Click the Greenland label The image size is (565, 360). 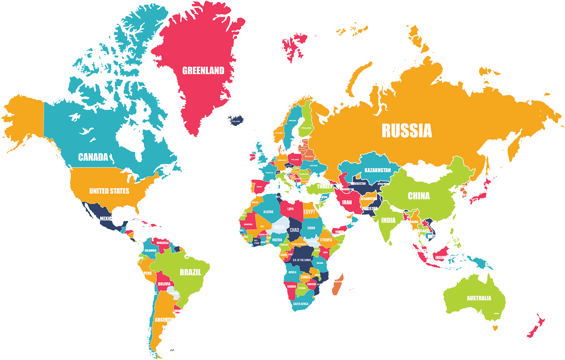[x=203, y=71]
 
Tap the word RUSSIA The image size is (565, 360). [x=407, y=131]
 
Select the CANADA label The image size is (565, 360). [x=93, y=157]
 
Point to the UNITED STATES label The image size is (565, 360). [x=109, y=191]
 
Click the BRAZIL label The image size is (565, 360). [x=190, y=272]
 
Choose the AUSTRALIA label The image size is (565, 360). [x=479, y=298]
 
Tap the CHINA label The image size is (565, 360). [x=419, y=196]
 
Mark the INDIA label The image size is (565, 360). [x=388, y=220]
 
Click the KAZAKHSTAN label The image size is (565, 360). [x=378, y=170]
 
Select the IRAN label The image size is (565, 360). [x=347, y=202]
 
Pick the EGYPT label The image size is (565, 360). [x=309, y=212]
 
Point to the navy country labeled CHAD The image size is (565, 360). [x=294, y=230]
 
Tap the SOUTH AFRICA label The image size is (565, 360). [x=301, y=304]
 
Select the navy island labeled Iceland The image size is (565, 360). [x=236, y=121]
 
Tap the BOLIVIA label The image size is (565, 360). [x=164, y=284]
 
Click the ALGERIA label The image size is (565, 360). [x=268, y=212]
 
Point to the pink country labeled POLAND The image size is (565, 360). [x=295, y=159]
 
